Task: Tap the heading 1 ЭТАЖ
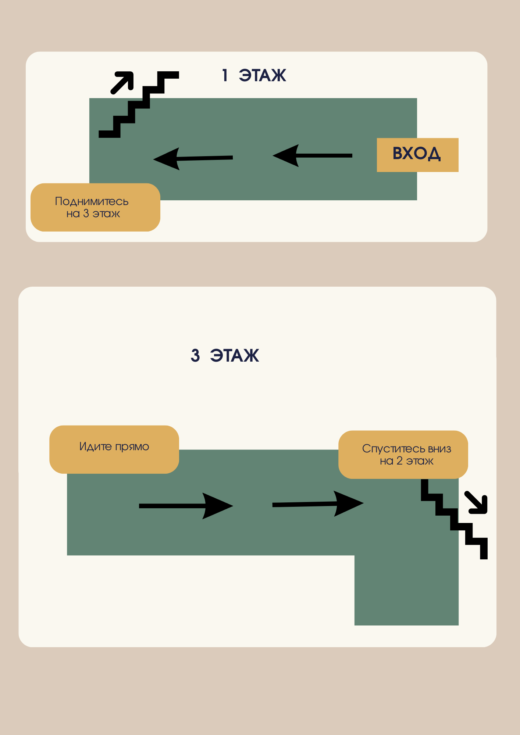click(254, 76)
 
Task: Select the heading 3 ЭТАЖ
click(225, 356)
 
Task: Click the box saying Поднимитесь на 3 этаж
click(95, 207)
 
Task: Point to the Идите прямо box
click(114, 449)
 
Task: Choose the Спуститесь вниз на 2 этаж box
click(403, 455)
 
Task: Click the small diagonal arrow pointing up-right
click(122, 82)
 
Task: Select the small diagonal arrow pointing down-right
click(477, 502)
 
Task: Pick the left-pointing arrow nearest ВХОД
click(312, 155)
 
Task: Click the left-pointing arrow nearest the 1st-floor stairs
click(193, 158)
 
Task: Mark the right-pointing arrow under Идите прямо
click(186, 506)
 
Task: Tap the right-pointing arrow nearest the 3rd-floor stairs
click(318, 504)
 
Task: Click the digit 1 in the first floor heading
click(225, 76)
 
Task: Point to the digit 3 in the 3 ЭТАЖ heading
click(195, 356)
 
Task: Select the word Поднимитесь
click(92, 201)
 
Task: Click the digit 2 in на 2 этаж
click(399, 461)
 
